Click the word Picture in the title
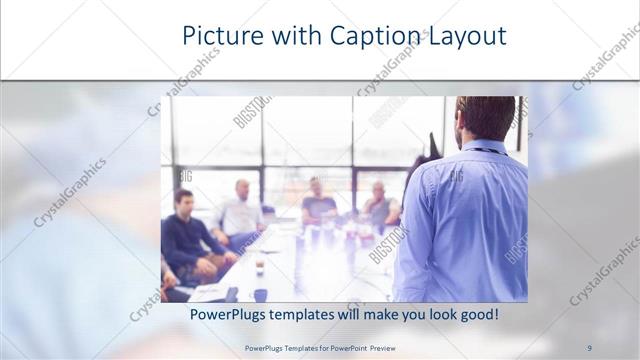coord(219,37)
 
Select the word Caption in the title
coord(380,37)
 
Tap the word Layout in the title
coord(469,37)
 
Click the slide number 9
coord(589,348)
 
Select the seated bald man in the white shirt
coord(240,210)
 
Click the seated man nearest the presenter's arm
coord(380,205)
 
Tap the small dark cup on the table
coord(260,267)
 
